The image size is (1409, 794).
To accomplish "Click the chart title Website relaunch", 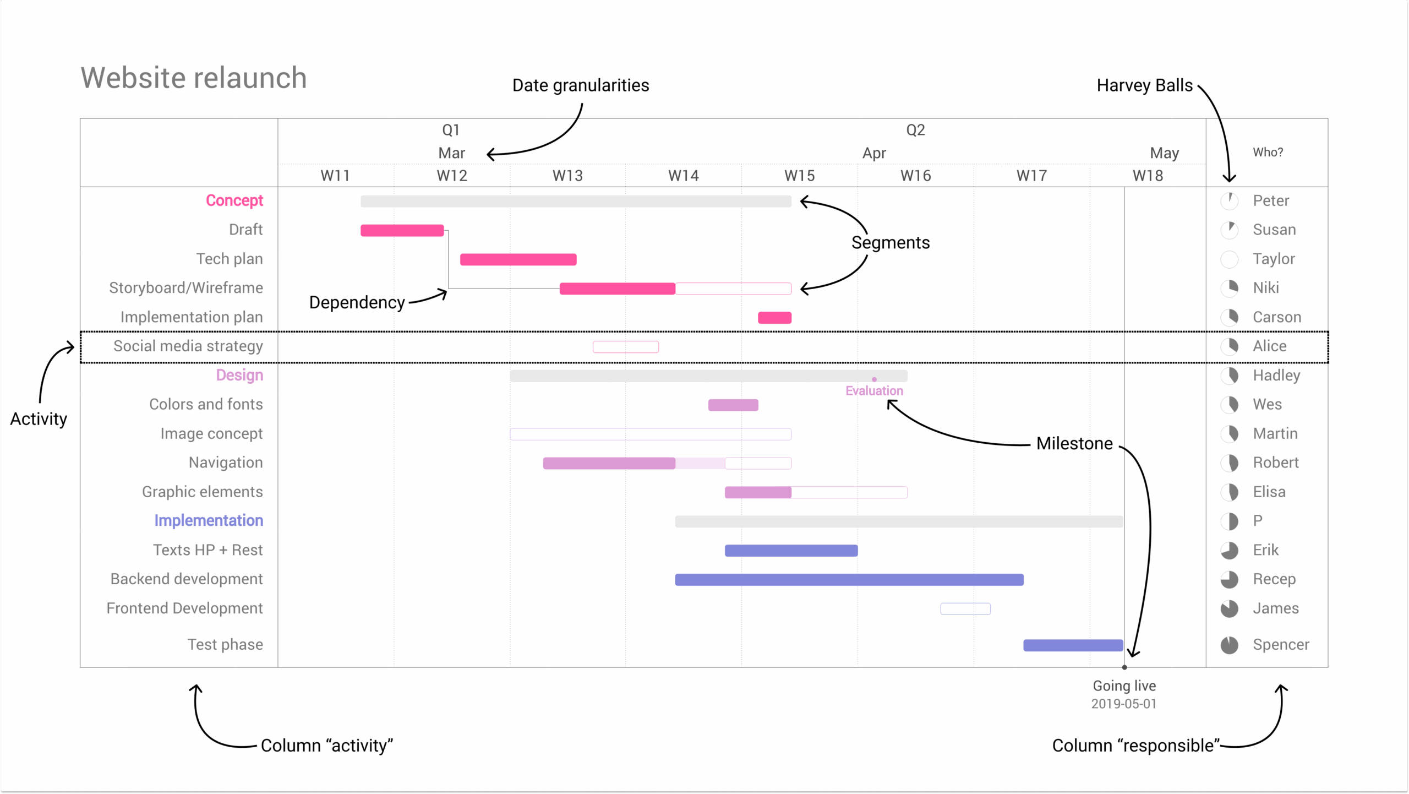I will tap(194, 78).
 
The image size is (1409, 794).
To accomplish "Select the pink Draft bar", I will tap(402, 230).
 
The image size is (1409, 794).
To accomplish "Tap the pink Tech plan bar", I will tap(518, 259).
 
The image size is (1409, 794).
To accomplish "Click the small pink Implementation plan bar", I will tap(774, 318).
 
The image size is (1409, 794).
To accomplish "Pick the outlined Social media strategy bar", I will tap(625, 347).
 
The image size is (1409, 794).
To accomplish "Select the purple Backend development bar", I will tap(849, 579).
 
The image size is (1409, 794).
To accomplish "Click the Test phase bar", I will tap(1073, 645).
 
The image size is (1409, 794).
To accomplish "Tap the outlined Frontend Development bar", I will tap(965, 608).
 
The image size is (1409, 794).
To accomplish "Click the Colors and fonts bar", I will tap(733, 405).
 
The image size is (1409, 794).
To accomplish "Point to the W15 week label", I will tap(799, 176).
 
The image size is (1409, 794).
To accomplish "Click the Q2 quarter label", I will tap(915, 130).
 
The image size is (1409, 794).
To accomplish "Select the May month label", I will tap(1164, 153).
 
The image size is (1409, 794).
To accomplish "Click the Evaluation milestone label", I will tap(874, 391).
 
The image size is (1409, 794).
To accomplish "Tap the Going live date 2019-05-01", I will tap(1123, 704).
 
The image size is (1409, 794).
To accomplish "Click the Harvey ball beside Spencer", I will tap(1229, 645).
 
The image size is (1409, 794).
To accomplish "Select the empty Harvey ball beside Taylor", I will tap(1229, 259).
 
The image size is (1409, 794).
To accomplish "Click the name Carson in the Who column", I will tap(1276, 317).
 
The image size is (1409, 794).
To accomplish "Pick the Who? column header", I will tap(1268, 153).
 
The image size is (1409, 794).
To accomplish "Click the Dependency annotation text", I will tap(357, 302).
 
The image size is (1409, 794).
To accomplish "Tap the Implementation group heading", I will tap(209, 520).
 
